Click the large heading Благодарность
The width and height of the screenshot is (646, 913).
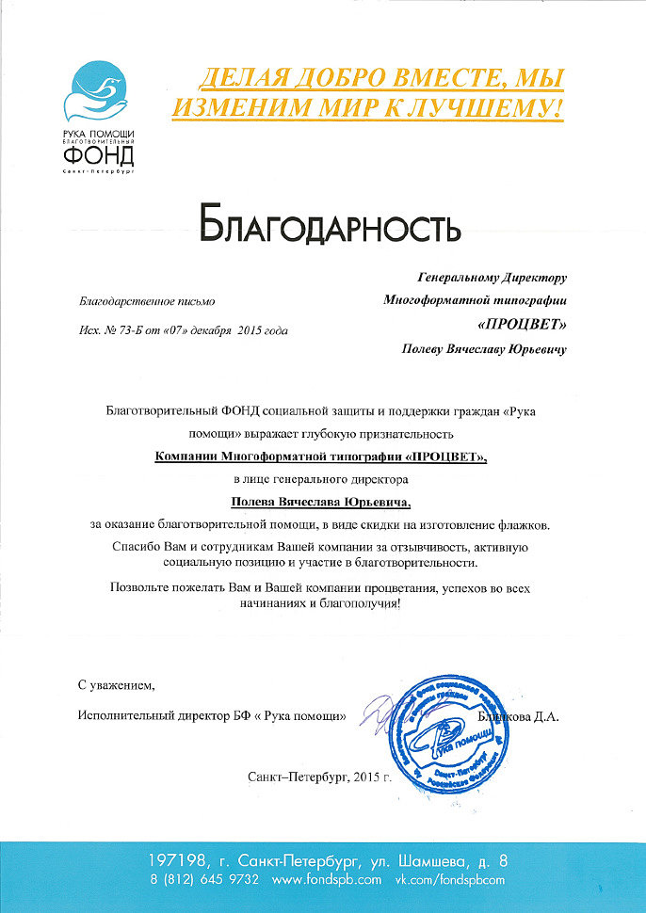[330, 226]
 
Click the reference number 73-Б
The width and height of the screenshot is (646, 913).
[129, 330]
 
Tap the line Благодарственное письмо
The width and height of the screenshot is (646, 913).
[134, 301]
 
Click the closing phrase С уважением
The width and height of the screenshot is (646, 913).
[115, 684]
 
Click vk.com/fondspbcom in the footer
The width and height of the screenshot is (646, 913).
[449, 878]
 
